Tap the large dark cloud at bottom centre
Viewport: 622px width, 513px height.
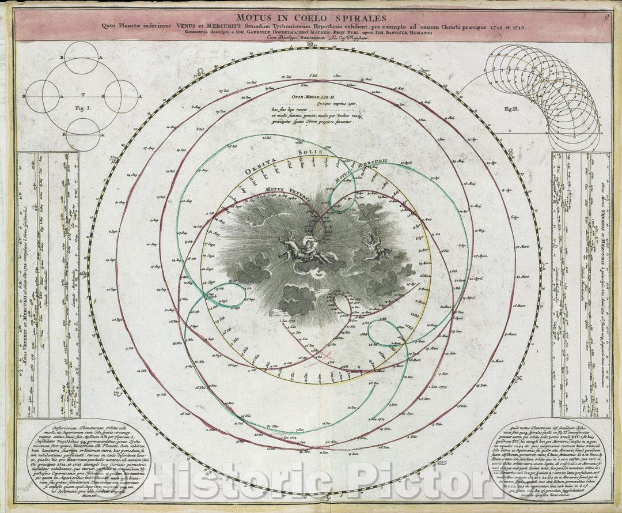coord(297,300)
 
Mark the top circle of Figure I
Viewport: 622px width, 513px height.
coord(81,58)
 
